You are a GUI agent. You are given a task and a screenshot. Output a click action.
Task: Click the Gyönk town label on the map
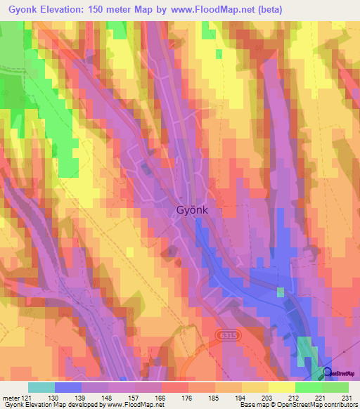pos(193,210)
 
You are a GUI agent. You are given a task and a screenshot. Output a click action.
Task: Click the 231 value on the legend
pos(344,398)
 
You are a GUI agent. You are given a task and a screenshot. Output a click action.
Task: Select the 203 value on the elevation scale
pos(266,398)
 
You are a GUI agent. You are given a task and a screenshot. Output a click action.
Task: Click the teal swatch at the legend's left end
pos(41,387)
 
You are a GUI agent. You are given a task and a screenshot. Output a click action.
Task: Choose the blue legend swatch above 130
pos(67,387)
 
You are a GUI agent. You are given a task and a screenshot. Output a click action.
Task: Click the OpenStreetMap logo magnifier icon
pos(328,372)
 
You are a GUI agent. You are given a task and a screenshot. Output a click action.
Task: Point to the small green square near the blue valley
pos(281,292)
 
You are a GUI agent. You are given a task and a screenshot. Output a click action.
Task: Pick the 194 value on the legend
pos(241,398)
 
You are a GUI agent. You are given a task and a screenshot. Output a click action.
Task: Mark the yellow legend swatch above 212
pos(281,387)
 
